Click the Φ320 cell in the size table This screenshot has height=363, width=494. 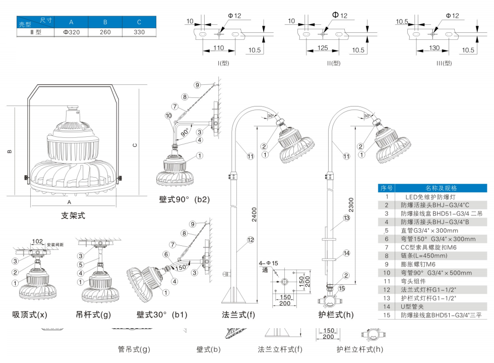pyautogui.click(x=71, y=32)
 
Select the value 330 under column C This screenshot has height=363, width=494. pyautogui.click(x=139, y=32)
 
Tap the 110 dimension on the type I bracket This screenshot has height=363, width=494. pyautogui.click(x=218, y=48)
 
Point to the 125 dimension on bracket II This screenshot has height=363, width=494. pyautogui.click(x=323, y=48)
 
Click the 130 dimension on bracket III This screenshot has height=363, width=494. pyautogui.click(x=434, y=48)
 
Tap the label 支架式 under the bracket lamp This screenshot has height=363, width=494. pyautogui.click(x=73, y=216)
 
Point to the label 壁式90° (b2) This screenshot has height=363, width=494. pyautogui.click(x=184, y=199)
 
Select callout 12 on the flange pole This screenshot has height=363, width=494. pyautogui.click(x=250, y=240)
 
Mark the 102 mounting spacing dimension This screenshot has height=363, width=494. pyautogui.click(x=37, y=241)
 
